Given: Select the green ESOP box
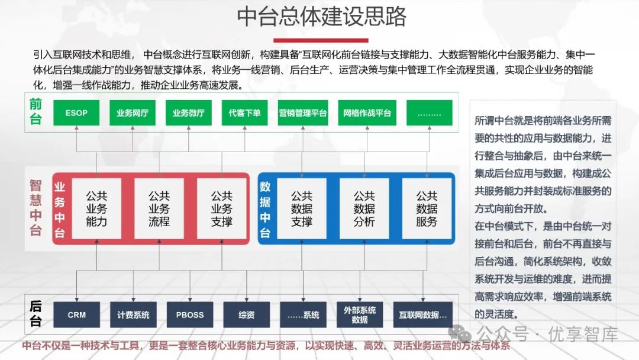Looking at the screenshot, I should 76,112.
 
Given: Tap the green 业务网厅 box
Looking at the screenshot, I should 133,112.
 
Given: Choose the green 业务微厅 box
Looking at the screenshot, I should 189,112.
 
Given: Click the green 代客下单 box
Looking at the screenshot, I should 245,112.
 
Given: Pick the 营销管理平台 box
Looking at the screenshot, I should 303,112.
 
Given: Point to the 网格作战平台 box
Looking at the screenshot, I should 367,112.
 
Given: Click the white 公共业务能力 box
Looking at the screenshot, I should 96,208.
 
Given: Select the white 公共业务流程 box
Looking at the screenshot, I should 159,208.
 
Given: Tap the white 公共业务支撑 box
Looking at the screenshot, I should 222,208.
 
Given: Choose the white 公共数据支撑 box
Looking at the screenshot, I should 302,208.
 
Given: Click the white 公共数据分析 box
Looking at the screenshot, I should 364,208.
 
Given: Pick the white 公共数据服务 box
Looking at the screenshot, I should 427,208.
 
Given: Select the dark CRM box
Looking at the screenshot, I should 76,315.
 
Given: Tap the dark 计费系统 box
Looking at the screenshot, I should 133,315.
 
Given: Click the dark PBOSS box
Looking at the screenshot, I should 189,315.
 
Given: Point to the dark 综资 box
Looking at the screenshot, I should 246,315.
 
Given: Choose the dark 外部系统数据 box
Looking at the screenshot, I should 360,315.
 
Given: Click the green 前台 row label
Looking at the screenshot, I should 36,112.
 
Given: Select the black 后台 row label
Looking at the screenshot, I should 36,314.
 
